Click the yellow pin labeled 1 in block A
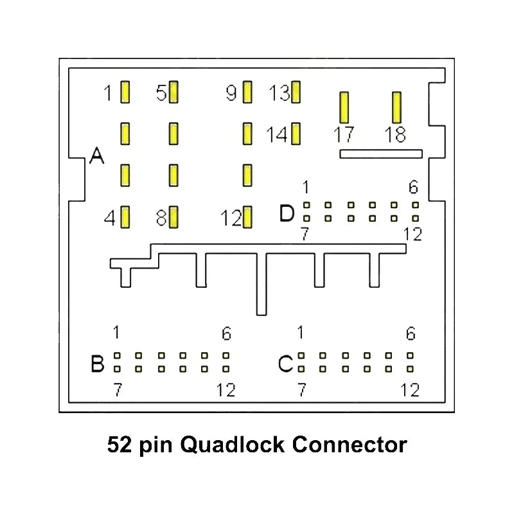pos(125,92)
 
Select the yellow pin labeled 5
pos(173,92)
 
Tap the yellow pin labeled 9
pos(247,92)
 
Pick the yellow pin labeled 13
pos(296,92)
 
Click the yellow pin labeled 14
pos(296,134)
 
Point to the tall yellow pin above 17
pos(344,107)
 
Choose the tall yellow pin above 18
pos(396,107)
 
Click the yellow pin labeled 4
pos(125,217)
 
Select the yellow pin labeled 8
pos(173,217)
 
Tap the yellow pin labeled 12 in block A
pos(247,217)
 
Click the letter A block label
pos(97,155)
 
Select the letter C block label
pos(286,364)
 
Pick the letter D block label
pos(287,213)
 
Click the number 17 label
pos(344,135)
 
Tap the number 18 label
pos(395,135)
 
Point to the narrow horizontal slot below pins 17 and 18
pos(381,154)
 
